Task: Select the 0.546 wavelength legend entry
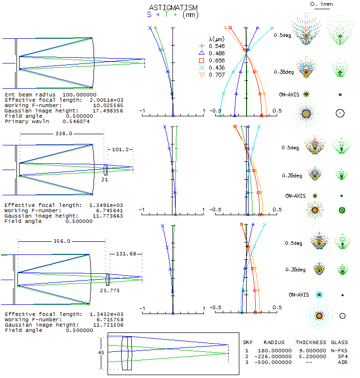tap(216, 46)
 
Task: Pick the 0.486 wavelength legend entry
tap(216, 53)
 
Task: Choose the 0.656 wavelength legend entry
tap(216, 60)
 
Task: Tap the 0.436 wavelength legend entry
tap(216, 67)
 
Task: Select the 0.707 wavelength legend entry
tap(216, 75)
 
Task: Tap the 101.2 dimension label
tap(120, 150)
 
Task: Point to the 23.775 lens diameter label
tap(110, 291)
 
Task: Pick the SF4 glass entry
tap(342, 356)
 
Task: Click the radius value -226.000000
tap(273, 356)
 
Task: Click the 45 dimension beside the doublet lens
tap(101, 353)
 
